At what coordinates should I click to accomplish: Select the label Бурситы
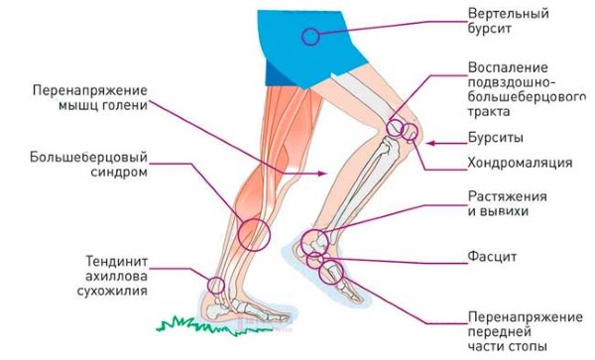495,137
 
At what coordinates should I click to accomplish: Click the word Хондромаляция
519,161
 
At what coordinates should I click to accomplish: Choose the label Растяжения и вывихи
503,203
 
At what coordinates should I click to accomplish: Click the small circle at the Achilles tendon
215,285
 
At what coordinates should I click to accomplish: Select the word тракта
492,110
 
